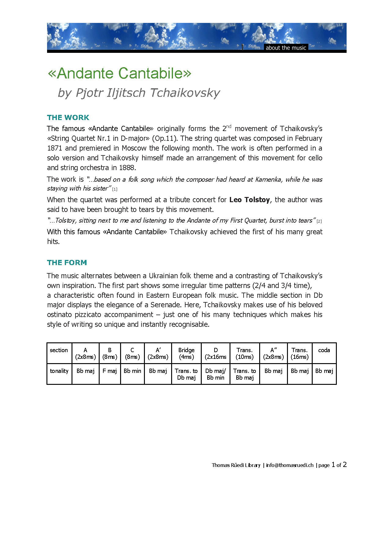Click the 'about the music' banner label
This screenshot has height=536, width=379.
click(286, 48)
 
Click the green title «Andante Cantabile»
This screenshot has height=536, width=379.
click(120, 73)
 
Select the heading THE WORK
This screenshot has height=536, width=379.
click(68, 118)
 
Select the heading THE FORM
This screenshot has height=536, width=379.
click(67, 263)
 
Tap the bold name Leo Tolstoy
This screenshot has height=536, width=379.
click(249, 200)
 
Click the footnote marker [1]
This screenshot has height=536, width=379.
click(115, 189)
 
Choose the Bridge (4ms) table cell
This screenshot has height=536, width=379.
click(186, 353)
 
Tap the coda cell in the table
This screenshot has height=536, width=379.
click(324, 350)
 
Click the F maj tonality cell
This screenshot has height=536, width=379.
click(110, 371)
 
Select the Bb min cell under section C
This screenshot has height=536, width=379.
click(132, 371)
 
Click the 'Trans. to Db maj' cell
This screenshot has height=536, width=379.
click(186, 374)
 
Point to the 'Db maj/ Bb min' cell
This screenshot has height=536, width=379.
click(215, 374)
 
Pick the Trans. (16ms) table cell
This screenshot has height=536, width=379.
click(300, 353)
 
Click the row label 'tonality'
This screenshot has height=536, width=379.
click(59, 371)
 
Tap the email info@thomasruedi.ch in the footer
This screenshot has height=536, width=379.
click(290, 465)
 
